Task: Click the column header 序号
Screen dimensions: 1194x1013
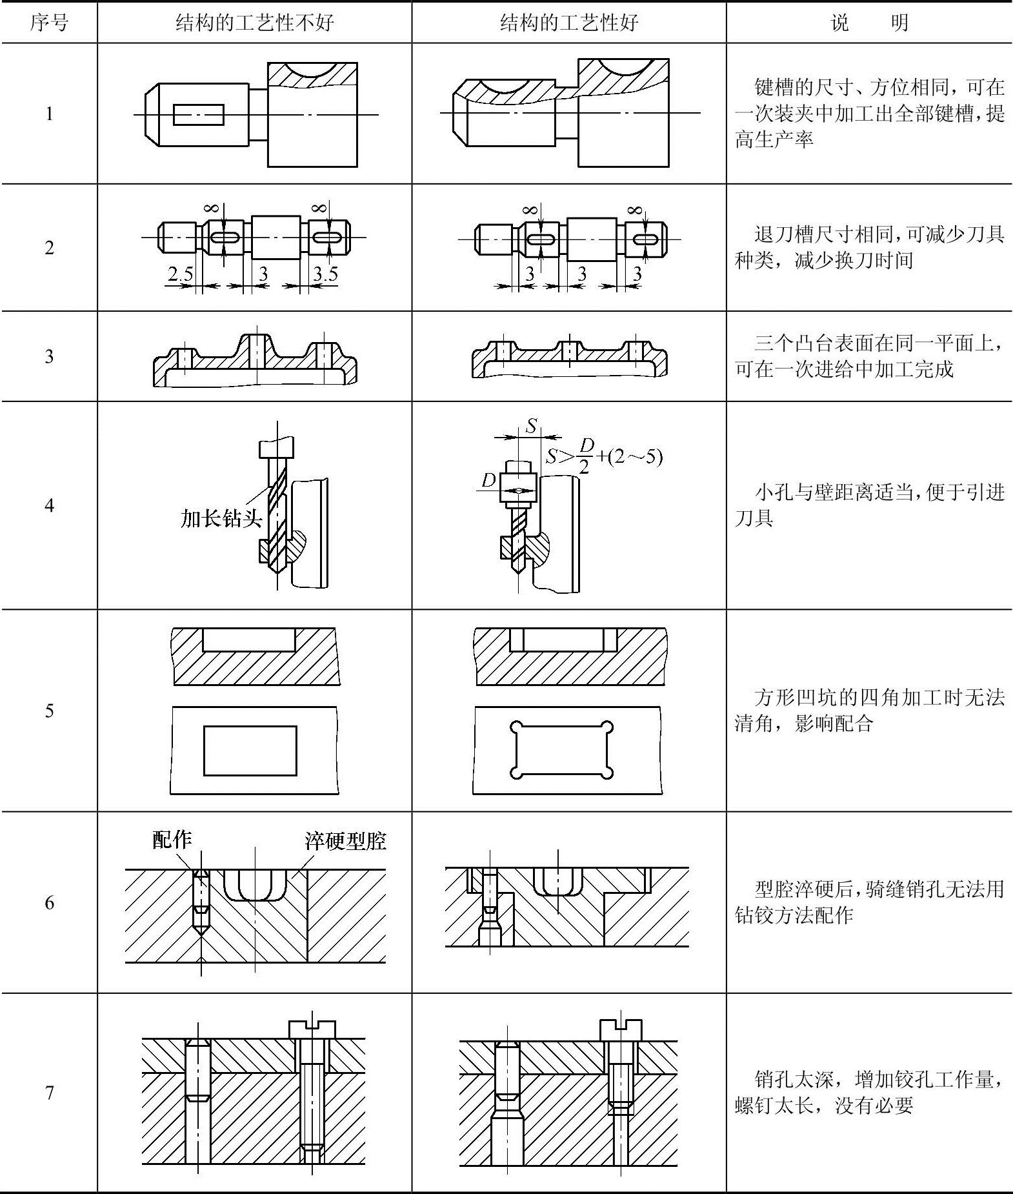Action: coord(49,23)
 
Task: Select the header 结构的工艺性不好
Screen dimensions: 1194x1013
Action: coord(254,23)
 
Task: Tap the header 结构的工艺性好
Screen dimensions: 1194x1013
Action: coord(568,23)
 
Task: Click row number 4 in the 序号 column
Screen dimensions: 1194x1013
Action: coord(49,505)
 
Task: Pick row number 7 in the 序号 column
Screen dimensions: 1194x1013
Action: coord(49,1093)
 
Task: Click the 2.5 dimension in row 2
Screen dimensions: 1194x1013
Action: coord(180,274)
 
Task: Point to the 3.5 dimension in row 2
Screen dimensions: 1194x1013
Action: coord(325,274)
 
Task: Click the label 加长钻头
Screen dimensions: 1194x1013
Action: coord(221,518)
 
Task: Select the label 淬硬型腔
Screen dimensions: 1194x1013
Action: coord(345,841)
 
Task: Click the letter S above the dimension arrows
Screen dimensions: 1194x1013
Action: coord(531,426)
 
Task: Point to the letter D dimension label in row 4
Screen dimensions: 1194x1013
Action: coord(488,480)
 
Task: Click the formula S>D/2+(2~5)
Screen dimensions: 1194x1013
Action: coord(603,457)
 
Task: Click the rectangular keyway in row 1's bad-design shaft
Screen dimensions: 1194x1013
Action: coord(199,115)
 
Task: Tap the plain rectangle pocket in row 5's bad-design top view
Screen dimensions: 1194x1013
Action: coord(250,751)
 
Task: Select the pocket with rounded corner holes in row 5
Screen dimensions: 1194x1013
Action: coord(561,750)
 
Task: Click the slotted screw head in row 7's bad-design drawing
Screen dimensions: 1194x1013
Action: coord(312,1029)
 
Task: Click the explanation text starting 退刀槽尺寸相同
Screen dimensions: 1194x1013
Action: coord(869,247)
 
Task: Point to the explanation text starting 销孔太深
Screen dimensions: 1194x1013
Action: coord(869,1092)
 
